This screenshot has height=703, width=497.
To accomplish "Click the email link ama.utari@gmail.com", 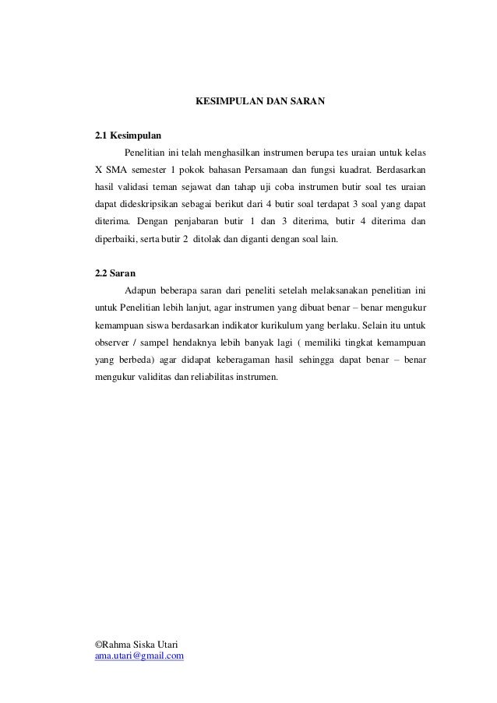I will tap(139, 657).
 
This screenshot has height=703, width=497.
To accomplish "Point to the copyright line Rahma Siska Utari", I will tap(136, 645).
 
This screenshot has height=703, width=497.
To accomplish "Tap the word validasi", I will tap(137, 188).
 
